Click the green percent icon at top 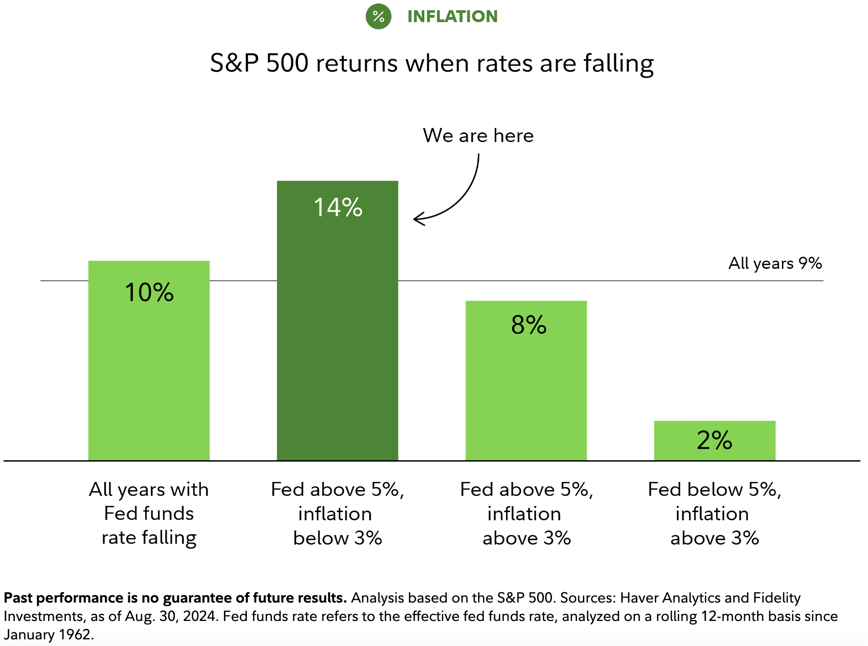[x=378, y=16]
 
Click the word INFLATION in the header [x=452, y=16]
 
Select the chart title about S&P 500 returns [x=432, y=63]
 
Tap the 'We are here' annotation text [x=478, y=135]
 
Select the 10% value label [x=149, y=292]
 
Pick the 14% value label [x=338, y=207]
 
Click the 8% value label [x=529, y=325]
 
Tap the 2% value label [x=714, y=440]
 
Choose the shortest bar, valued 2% [x=715, y=450]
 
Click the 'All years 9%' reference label [x=775, y=263]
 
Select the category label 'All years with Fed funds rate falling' [x=149, y=514]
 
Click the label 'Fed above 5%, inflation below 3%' [x=337, y=514]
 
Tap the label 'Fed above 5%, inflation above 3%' [x=526, y=514]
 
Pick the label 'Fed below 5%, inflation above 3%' [x=714, y=514]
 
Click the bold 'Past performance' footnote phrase [x=175, y=598]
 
